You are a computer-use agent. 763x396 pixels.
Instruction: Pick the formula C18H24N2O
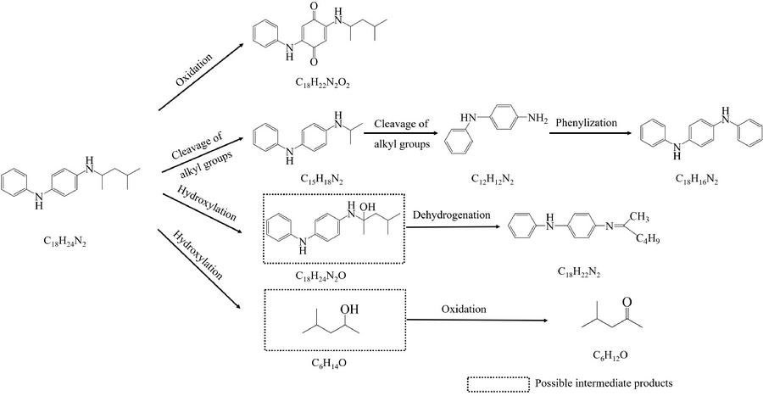pyautogui.click(x=326, y=276)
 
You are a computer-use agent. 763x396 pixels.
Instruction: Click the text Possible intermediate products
pyautogui.click(x=604, y=382)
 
